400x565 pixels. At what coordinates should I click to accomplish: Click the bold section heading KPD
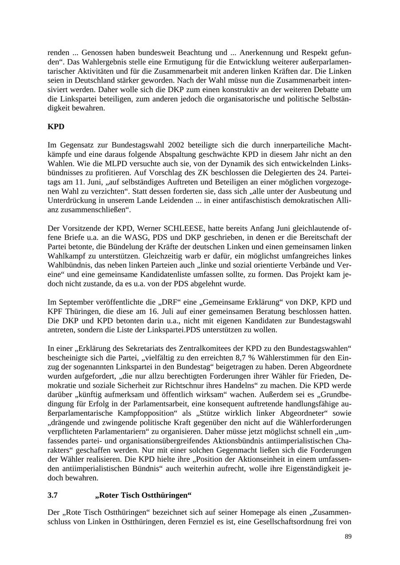56,127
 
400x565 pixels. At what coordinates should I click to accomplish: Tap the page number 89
348,537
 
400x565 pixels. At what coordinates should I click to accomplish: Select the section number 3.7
52,495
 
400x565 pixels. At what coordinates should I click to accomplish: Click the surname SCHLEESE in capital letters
182,229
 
